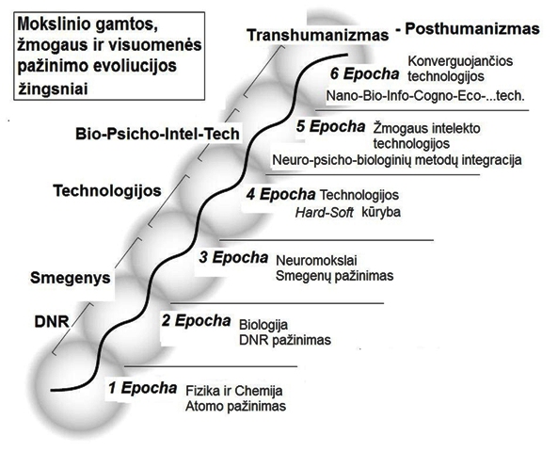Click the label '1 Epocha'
(x=143, y=388)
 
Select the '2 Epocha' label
(x=196, y=321)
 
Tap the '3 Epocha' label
(x=233, y=257)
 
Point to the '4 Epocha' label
(x=280, y=195)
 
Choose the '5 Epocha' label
(x=331, y=126)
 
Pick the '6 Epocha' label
(x=365, y=74)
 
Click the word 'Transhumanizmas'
(x=318, y=35)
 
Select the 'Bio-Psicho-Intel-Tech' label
(x=157, y=135)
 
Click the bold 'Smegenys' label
(x=71, y=278)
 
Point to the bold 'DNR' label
(x=52, y=322)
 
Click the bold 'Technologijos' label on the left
(x=107, y=191)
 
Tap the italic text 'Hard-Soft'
(x=325, y=213)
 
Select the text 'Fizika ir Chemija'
(x=234, y=391)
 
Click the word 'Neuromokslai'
(x=316, y=261)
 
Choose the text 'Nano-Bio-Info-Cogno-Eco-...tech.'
(x=425, y=96)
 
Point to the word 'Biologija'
(x=263, y=325)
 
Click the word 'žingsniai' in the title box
(x=53, y=89)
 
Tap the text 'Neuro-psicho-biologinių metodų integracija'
(x=397, y=160)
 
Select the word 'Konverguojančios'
(x=460, y=61)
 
